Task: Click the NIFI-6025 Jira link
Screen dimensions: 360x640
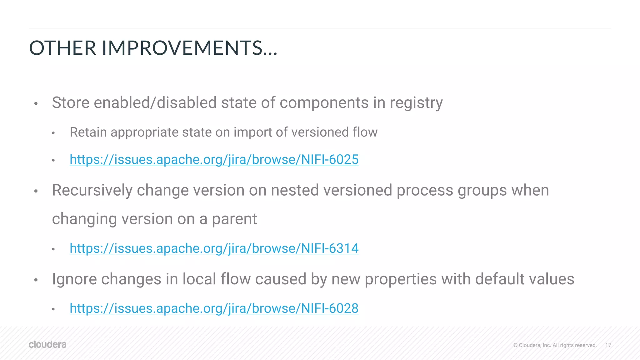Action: pyautogui.click(x=214, y=160)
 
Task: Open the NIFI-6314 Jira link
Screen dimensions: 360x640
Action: pyautogui.click(x=214, y=248)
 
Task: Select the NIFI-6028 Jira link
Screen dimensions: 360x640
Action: pyautogui.click(x=214, y=308)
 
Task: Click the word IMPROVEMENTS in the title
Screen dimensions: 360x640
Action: pyautogui.click(x=182, y=48)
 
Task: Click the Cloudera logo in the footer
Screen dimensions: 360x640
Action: pyautogui.click(x=47, y=344)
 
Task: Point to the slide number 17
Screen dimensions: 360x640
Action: pyautogui.click(x=608, y=345)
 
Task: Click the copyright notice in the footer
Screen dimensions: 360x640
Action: pyautogui.click(x=555, y=345)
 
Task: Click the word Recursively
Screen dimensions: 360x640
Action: pyautogui.click(x=92, y=190)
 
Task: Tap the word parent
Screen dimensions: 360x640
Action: pyautogui.click(x=234, y=219)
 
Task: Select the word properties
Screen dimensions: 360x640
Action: pyautogui.click(x=401, y=279)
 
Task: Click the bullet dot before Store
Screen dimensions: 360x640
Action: pyautogui.click(x=36, y=103)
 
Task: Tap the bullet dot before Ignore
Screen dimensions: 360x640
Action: pyautogui.click(x=36, y=280)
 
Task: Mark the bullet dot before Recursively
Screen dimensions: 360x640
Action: pyautogui.click(x=36, y=191)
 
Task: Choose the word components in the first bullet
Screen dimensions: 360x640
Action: pyautogui.click(x=324, y=103)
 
